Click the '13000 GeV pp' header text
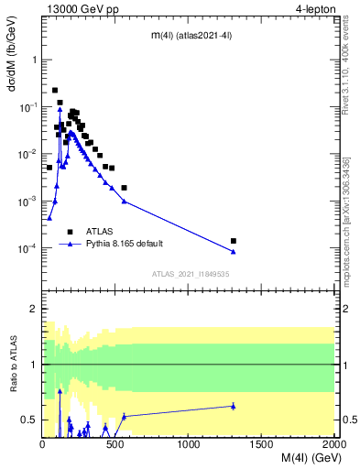click(x=81, y=9)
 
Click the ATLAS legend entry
click(x=100, y=232)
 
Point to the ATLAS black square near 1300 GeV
click(x=234, y=241)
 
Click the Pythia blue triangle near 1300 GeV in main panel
click(x=234, y=252)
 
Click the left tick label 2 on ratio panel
click(x=32, y=309)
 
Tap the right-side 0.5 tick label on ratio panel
click(x=348, y=420)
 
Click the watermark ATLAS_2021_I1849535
click(x=189, y=274)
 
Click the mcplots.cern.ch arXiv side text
click(x=351, y=203)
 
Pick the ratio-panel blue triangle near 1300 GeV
click(x=234, y=406)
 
